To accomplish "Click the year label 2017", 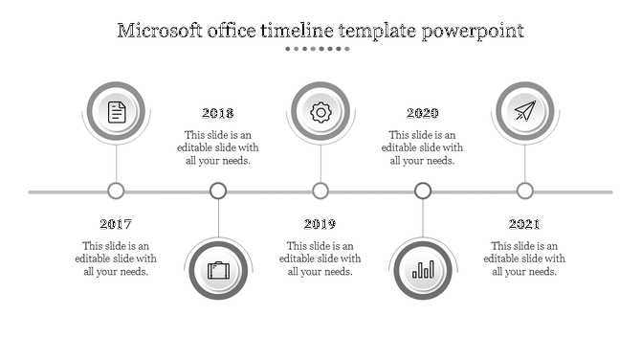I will coord(116,224).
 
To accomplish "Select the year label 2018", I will coord(218,113).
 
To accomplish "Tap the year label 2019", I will coord(320,224).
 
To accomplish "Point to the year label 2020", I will coord(422,113).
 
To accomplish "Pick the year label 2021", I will coord(524,224).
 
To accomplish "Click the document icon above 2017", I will coord(117,112).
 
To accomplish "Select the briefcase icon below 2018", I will coord(219,270).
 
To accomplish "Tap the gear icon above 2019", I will coord(320,112).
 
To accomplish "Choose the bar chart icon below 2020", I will coord(423,270).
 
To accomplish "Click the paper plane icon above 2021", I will coord(524,112).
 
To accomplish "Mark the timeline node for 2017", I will coord(117,191).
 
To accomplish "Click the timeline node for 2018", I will coord(218,191).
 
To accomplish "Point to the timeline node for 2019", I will coord(320,191).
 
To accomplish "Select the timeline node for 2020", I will coord(423,191).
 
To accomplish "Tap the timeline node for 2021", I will coord(524,191).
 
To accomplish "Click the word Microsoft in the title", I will coord(161,31).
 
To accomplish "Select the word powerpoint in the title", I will coord(474,32).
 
